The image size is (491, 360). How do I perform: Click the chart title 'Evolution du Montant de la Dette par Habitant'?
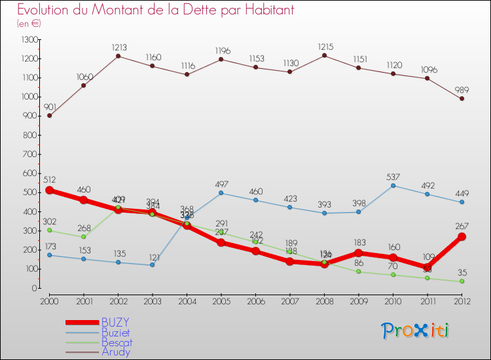(156, 10)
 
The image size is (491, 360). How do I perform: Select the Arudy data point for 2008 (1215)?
(324, 55)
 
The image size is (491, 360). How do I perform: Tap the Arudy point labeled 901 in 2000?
(49, 115)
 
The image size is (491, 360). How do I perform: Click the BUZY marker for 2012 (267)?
(462, 237)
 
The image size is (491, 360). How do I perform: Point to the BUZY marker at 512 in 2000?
(49, 190)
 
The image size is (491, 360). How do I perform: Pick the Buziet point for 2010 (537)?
(393, 185)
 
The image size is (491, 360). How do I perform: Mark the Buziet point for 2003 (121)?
(153, 265)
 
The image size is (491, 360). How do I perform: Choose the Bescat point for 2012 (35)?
(462, 281)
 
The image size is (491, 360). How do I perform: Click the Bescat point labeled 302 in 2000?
(49, 230)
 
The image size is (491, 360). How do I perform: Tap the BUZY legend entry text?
(115, 322)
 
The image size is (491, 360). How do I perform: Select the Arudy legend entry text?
(116, 351)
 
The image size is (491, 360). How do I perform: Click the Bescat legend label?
(117, 342)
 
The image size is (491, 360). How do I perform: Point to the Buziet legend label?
(117, 332)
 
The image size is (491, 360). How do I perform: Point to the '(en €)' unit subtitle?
(29, 23)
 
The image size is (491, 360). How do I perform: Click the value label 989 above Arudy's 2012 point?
(462, 88)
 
